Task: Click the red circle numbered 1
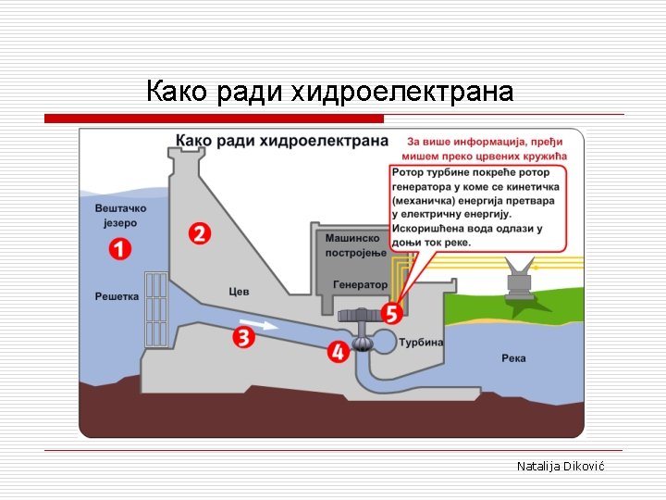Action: pyautogui.click(x=118, y=248)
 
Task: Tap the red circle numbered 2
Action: pyautogui.click(x=200, y=233)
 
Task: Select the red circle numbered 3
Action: pyautogui.click(x=244, y=337)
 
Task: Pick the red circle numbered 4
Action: pyautogui.click(x=337, y=352)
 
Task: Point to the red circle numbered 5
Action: pyautogui.click(x=392, y=314)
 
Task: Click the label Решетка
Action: pyautogui.click(x=117, y=296)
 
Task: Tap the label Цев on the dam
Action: pyautogui.click(x=239, y=292)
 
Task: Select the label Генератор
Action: pyautogui.click(x=360, y=285)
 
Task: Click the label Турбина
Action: pyautogui.click(x=421, y=343)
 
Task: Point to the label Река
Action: pyautogui.click(x=514, y=358)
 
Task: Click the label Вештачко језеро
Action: pyautogui.click(x=120, y=216)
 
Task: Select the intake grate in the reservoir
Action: pyautogui.click(x=155, y=310)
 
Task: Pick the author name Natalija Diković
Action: pyautogui.click(x=560, y=466)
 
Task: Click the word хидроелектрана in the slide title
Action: pyautogui.click(x=401, y=92)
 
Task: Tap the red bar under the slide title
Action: pyautogui.click(x=214, y=119)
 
